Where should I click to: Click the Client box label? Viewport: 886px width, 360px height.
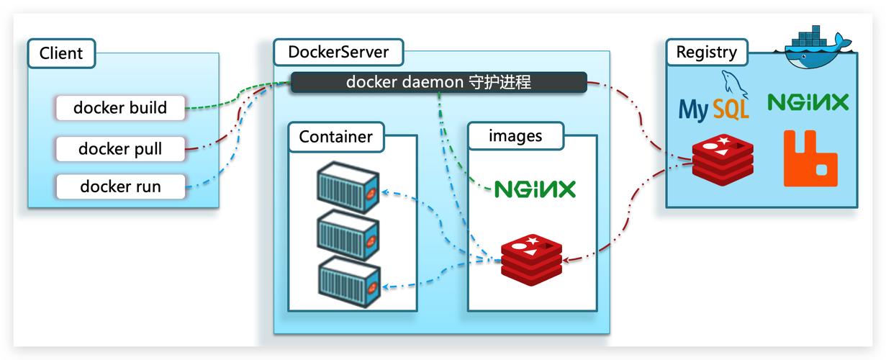61,53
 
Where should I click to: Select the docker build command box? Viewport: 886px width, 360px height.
120,108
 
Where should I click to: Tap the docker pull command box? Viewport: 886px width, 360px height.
120,149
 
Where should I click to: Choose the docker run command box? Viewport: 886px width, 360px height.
120,186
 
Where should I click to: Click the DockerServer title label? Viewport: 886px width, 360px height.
338,53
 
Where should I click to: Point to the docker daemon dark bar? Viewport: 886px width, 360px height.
438,82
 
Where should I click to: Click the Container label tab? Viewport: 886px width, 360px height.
335,136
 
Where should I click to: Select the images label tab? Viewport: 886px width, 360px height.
515,135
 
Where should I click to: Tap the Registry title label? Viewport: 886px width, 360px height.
706,53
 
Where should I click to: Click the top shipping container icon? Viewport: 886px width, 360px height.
348,187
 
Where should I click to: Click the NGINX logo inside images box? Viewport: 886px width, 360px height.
535,189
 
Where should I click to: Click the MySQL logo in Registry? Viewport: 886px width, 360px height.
714,100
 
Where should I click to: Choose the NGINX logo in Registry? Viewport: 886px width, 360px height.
808,102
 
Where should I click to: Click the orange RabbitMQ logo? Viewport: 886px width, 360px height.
810,158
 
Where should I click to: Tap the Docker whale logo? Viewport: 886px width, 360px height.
815,49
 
